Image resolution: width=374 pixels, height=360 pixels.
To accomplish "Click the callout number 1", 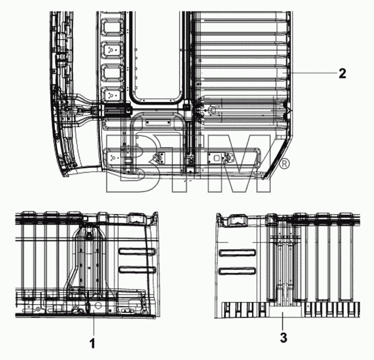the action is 92,344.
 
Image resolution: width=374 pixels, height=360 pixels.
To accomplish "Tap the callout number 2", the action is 342,73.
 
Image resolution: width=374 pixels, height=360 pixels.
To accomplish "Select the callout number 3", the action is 283,337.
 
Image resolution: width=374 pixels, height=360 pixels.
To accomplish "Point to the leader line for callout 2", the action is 312,73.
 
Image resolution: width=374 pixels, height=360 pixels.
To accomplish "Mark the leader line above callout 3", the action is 283,321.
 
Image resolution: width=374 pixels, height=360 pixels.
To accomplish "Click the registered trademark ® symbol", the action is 284,164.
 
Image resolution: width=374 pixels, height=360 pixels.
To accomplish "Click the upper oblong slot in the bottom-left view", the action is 137,251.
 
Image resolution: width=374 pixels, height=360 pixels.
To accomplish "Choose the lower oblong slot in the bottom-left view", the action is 137,269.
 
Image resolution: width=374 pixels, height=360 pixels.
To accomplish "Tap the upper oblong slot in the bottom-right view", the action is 237,253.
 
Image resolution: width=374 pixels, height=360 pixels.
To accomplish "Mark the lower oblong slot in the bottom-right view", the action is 237,271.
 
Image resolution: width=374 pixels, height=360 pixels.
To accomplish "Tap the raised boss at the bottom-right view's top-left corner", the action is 237,220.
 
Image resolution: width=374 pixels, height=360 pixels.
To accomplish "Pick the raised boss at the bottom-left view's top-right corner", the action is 137,218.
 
